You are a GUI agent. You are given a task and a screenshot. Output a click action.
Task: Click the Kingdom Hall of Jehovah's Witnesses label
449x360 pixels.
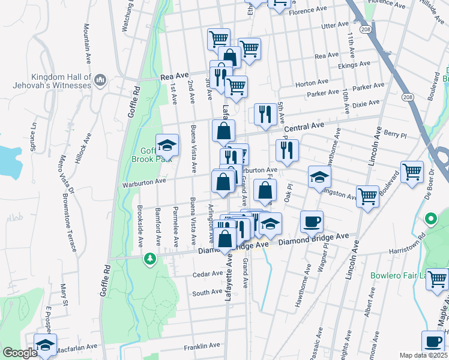click(x=52, y=81)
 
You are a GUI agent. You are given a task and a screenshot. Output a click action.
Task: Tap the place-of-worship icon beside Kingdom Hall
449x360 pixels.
click(x=100, y=79)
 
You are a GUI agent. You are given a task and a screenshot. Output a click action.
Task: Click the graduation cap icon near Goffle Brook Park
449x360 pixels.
click(x=167, y=145)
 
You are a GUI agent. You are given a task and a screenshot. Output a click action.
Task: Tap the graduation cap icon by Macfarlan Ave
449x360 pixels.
click(x=44, y=344)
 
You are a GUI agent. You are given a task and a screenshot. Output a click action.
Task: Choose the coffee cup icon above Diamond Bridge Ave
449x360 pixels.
click(x=312, y=221)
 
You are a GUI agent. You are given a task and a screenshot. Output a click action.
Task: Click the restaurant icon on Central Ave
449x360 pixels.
click(x=265, y=114)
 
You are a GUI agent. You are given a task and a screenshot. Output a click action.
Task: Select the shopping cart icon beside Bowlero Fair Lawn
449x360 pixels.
click(x=437, y=279)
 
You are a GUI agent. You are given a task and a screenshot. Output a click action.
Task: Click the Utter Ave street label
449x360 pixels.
click(x=335, y=26)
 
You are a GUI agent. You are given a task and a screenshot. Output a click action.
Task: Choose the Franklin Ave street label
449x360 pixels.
click(x=202, y=346)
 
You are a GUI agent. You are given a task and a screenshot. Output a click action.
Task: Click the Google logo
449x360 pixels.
click(x=20, y=353)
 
